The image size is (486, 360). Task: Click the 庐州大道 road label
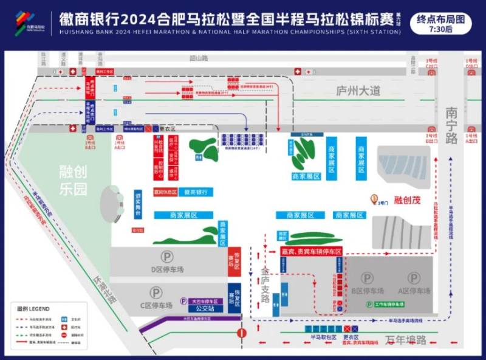(x=358, y=91)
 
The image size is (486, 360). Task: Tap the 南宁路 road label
(x=451, y=125)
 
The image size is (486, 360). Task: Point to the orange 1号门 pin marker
(x=375, y=198)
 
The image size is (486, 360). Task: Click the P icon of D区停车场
(x=166, y=257)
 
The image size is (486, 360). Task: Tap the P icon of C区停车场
(x=156, y=292)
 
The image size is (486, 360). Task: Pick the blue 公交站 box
(x=205, y=308)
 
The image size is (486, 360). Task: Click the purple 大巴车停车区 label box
(x=205, y=301)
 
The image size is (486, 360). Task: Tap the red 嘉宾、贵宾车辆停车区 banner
(x=311, y=251)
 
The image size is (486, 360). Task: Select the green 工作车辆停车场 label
(x=385, y=304)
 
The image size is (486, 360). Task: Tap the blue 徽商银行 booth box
(x=196, y=192)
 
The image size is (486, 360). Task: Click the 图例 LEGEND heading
(x=33, y=308)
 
